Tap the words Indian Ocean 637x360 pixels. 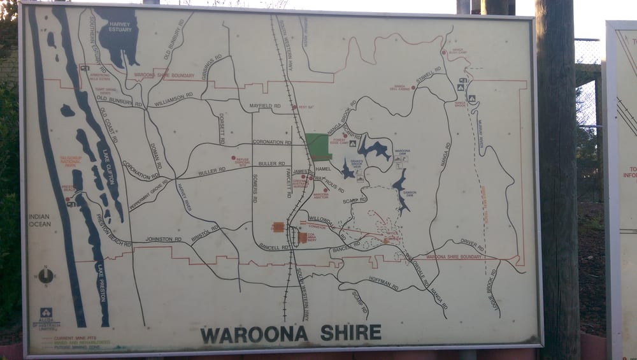click(39, 220)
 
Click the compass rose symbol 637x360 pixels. click(45, 276)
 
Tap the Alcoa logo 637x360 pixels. click(46, 315)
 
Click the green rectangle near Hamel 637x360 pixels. click(318, 147)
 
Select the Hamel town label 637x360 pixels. click(323, 169)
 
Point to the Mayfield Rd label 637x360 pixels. click(264, 105)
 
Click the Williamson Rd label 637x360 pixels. click(173, 97)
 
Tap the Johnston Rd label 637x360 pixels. click(163, 239)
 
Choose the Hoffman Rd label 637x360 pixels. click(383, 283)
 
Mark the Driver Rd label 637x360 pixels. click(472, 245)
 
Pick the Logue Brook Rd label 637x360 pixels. click(492, 290)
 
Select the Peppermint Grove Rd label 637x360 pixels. click(148, 195)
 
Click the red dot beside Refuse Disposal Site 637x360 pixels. click(233, 157)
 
